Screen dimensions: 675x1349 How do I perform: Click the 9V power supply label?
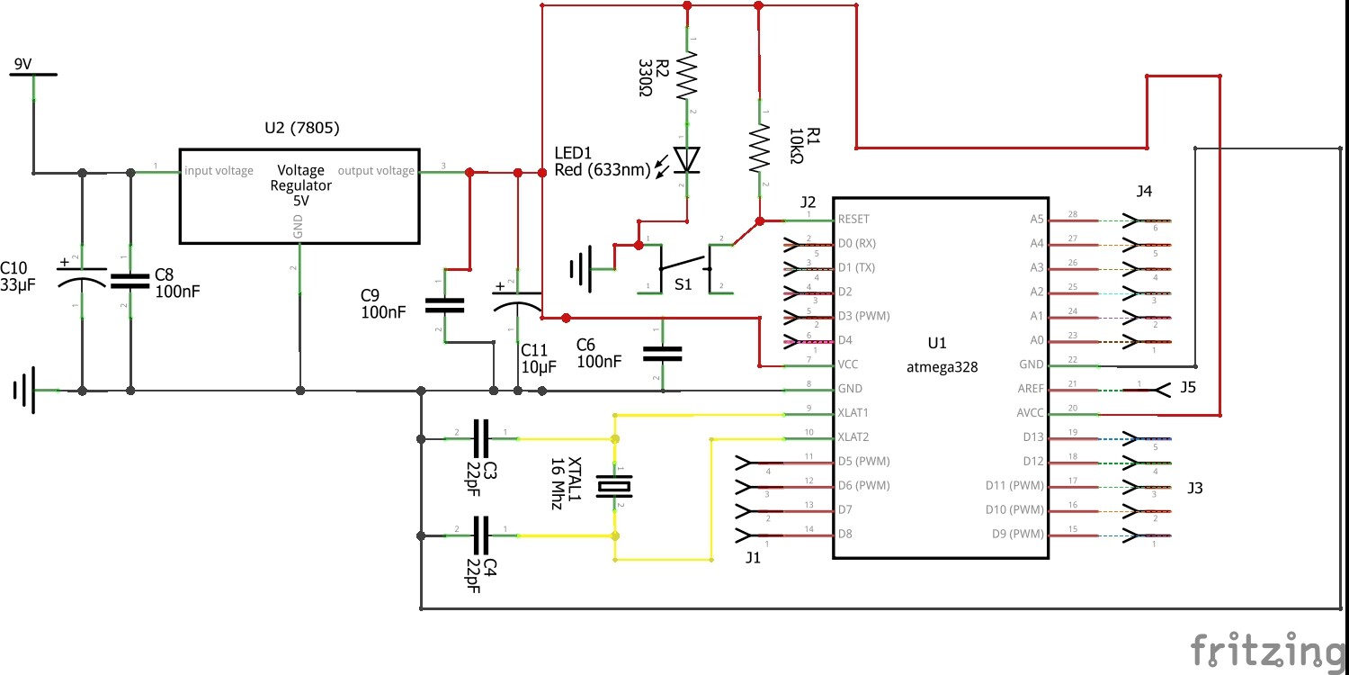[x=21, y=64]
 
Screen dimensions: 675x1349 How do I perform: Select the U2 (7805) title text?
[x=302, y=127]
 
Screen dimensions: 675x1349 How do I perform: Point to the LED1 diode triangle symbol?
[x=688, y=159]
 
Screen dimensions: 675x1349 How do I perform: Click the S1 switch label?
[x=683, y=284]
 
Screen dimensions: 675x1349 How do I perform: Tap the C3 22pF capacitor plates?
[x=481, y=438]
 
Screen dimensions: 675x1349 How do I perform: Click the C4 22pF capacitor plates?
[x=481, y=535]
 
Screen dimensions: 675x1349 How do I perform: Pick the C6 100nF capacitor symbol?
[x=663, y=354]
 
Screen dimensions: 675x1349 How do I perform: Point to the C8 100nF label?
[x=177, y=283]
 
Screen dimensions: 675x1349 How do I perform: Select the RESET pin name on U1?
[x=853, y=219]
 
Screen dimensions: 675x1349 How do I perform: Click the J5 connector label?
[x=1188, y=389]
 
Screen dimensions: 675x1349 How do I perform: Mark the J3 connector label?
[x=1194, y=488]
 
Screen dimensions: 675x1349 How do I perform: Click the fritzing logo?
[x=1268, y=648]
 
